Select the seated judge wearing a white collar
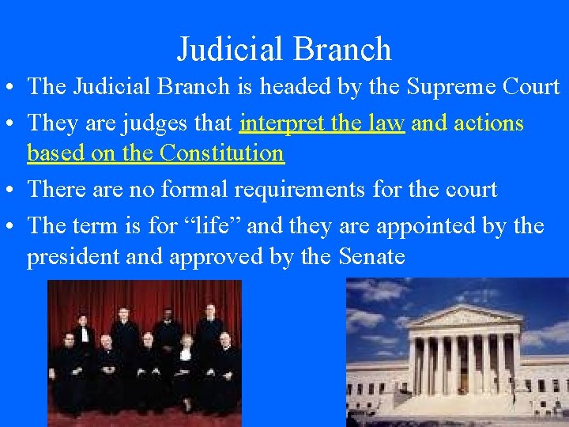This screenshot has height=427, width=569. coord(187,356)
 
